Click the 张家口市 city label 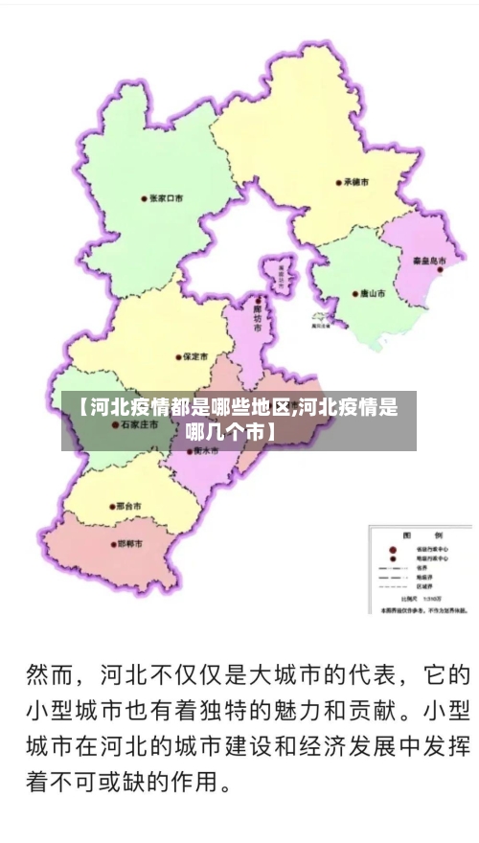(x=166, y=199)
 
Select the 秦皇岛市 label (x=430, y=260)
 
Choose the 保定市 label (x=196, y=357)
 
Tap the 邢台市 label (x=127, y=506)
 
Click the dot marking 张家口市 (x=144, y=199)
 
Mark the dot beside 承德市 (x=339, y=181)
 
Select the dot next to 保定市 (x=178, y=357)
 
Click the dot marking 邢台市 (x=109, y=506)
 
